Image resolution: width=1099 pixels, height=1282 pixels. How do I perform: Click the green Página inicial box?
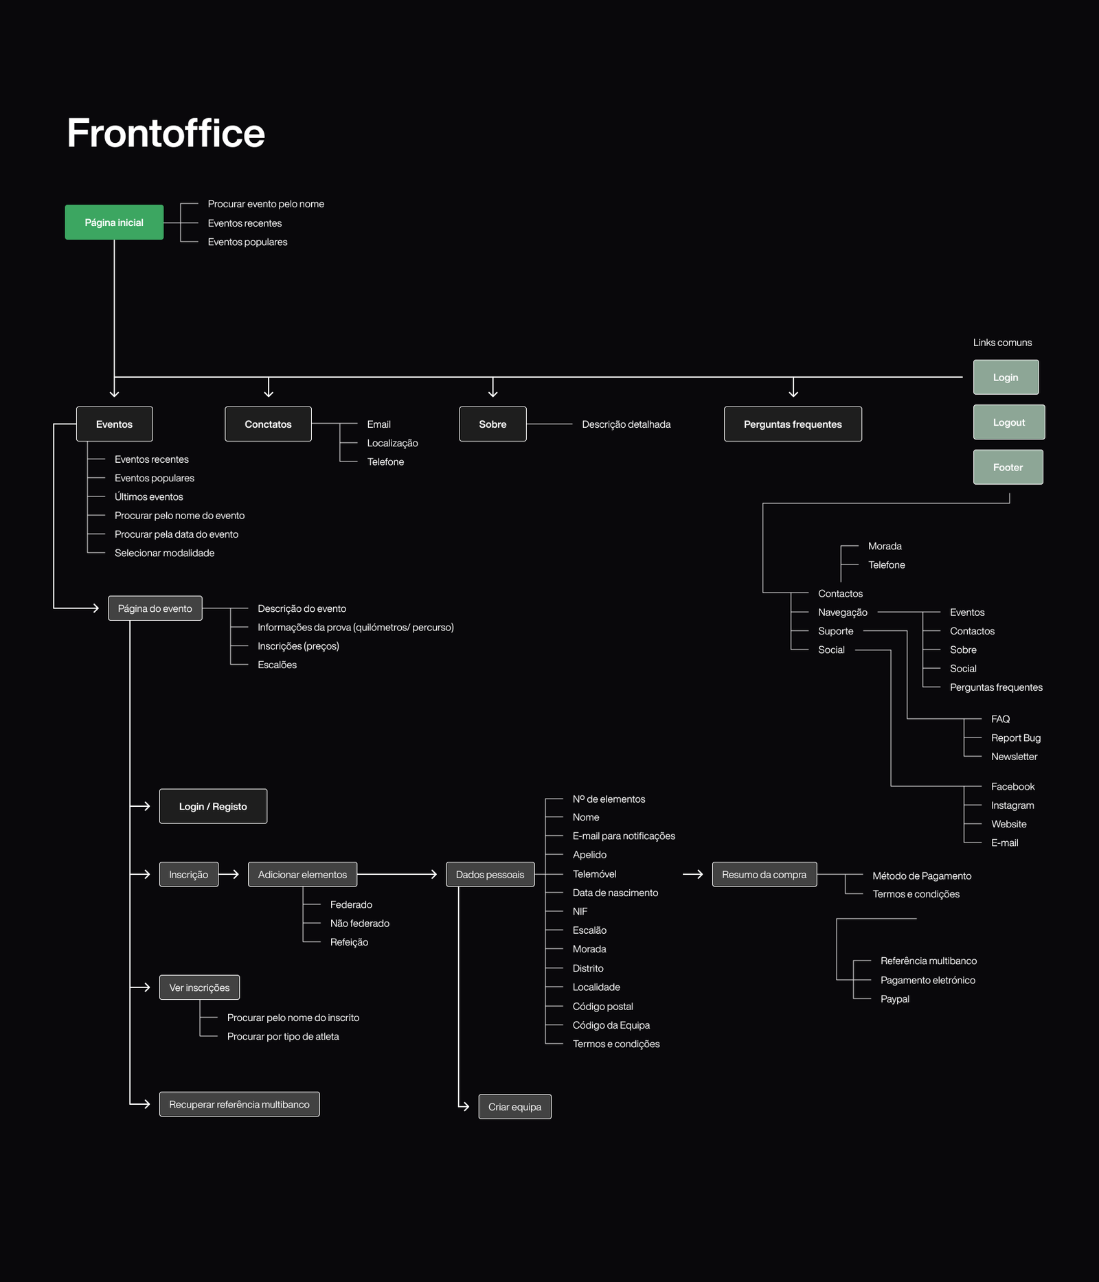click(114, 222)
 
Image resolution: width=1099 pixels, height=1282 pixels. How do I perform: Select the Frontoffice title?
click(166, 133)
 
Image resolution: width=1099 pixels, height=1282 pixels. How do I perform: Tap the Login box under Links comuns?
click(1006, 377)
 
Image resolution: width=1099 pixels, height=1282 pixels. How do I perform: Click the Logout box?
click(1008, 422)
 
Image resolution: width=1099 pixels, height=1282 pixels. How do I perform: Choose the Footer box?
click(1008, 467)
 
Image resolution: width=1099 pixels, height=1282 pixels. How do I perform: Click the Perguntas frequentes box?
click(793, 424)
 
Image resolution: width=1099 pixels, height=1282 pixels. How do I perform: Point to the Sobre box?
click(492, 424)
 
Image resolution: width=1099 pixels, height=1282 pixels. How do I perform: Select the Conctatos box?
click(268, 424)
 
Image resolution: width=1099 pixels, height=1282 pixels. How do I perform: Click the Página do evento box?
click(155, 608)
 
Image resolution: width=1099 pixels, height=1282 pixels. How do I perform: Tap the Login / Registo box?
click(213, 806)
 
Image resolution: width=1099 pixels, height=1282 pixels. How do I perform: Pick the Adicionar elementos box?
click(302, 874)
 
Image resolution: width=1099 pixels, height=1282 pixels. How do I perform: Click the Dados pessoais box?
click(490, 874)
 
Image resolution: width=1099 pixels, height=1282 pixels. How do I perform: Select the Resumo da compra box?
click(764, 874)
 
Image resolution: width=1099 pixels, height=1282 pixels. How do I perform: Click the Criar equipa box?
click(514, 1106)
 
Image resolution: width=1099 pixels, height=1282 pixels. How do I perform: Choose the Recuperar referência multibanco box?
click(239, 1104)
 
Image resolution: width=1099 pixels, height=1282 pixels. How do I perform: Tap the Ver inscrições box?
click(199, 987)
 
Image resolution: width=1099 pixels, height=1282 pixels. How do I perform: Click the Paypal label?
click(894, 999)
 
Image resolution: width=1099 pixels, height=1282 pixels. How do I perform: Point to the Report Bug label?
click(1015, 737)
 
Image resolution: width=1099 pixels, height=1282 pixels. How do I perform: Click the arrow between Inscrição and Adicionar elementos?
click(229, 874)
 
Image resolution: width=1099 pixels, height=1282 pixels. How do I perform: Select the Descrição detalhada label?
click(626, 424)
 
